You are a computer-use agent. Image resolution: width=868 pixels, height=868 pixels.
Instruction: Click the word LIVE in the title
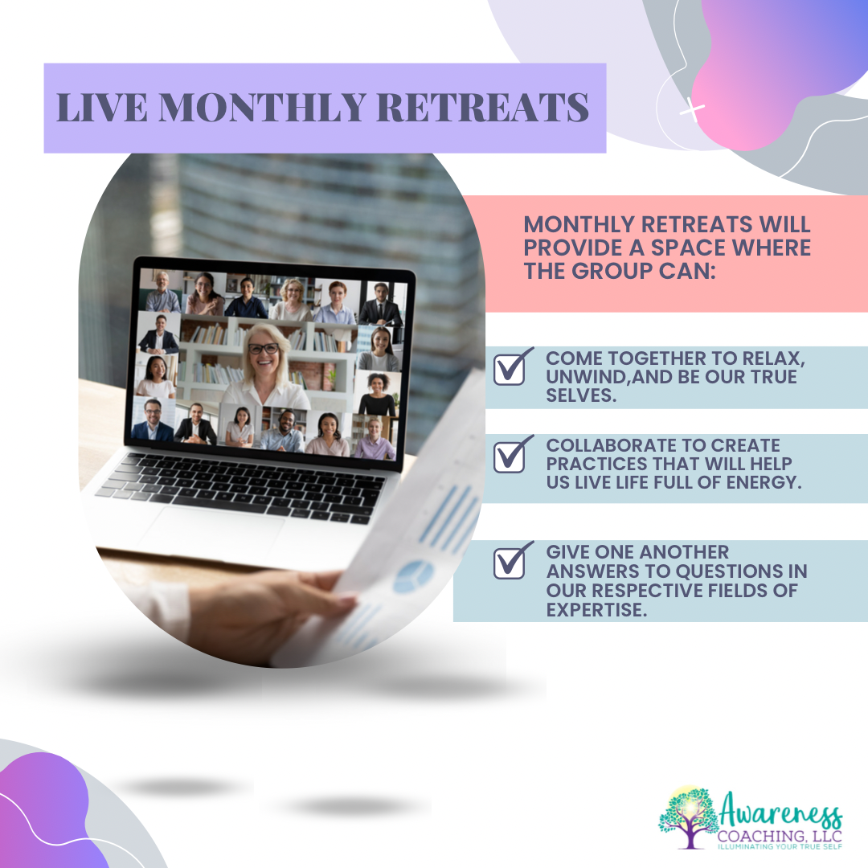pos(102,107)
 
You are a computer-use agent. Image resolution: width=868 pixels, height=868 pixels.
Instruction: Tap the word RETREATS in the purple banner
pos(483,107)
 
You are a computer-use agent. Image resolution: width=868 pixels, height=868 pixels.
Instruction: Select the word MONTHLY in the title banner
pos(262,107)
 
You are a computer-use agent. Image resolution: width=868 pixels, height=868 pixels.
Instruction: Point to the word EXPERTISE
pos(596,610)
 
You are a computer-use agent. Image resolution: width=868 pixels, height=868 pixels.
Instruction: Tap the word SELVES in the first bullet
pos(581,395)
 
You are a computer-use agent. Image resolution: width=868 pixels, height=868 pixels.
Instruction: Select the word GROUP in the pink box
pos(612,272)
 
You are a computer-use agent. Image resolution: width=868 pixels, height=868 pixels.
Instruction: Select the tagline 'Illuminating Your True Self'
pos(780,846)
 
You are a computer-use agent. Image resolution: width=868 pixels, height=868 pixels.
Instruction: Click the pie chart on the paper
pos(413,576)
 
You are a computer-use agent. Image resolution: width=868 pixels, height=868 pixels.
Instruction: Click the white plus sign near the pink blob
pos(691,109)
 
